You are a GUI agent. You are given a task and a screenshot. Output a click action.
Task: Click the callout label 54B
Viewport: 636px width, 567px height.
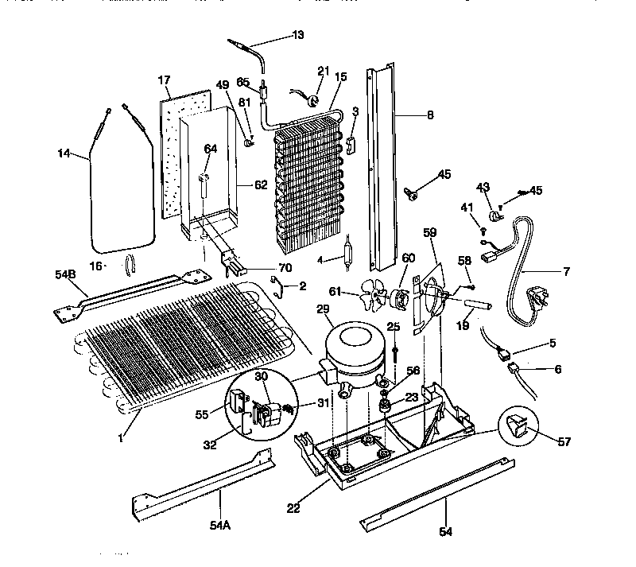point(65,275)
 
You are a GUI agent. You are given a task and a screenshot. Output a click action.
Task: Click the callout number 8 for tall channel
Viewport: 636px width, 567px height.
point(429,115)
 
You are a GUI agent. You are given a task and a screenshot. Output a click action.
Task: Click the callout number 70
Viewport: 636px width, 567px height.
point(284,267)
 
